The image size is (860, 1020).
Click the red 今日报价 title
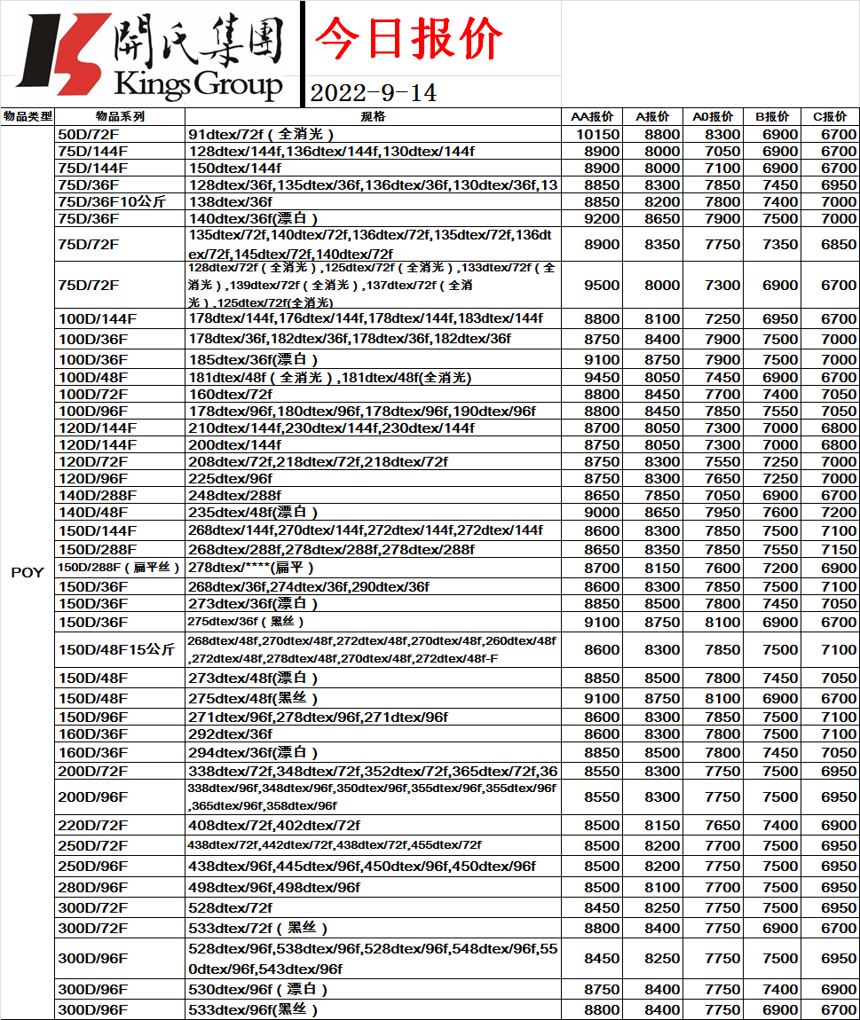pos(409,39)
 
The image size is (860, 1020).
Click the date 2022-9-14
pos(373,92)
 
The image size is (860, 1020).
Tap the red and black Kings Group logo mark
pos(63,54)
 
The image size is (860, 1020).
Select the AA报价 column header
pos(592,116)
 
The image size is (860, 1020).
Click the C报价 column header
pos(830,116)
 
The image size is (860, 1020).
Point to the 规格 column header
pos(374,116)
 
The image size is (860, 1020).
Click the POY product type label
pos(27,572)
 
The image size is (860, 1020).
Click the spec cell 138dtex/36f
pos(231,201)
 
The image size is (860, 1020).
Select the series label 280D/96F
pos(92,887)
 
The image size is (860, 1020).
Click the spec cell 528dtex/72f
pos(231,907)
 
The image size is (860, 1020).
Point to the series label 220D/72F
pos(92,825)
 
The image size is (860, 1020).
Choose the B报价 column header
pos(772,116)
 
